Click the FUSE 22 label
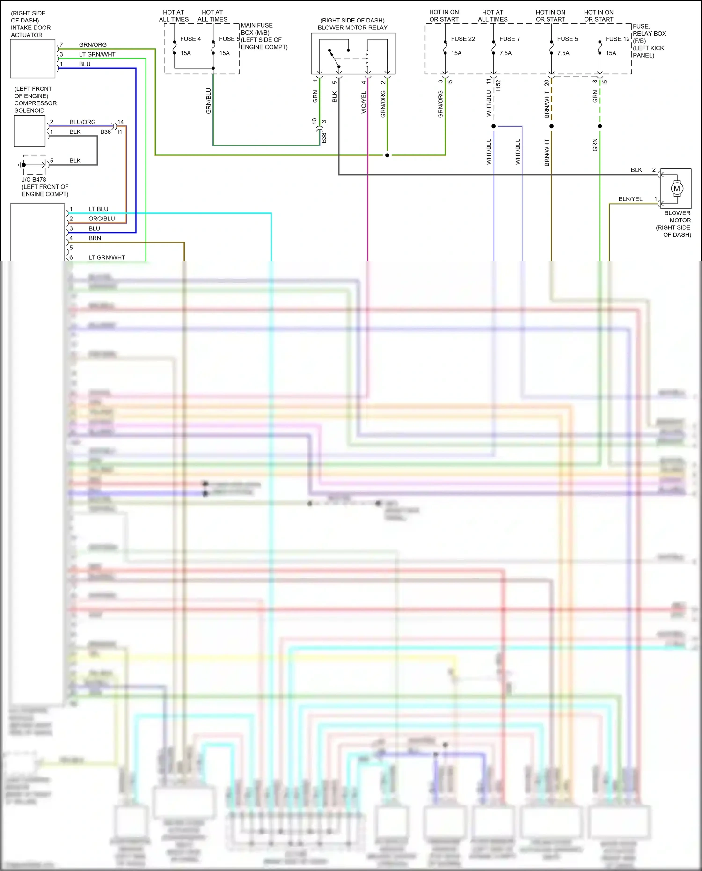point(462,39)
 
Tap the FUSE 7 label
point(509,39)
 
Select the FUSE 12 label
point(617,39)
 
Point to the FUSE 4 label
point(190,39)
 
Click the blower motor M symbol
point(677,189)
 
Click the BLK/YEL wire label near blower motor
point(630,199)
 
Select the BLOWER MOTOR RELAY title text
point(352,28)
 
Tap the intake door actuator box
point(33,59)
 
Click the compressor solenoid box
point(29,131)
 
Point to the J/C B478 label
point(34,179)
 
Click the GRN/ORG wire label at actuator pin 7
point(93,45)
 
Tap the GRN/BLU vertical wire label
point(209,101)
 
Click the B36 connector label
point(105,132)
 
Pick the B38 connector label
point(324,138)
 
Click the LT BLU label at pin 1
point(98,209)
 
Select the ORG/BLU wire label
point(102,219)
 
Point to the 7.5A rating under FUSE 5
point(563,53)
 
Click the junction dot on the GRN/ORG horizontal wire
point(387,155)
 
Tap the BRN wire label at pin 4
point(95,238)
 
